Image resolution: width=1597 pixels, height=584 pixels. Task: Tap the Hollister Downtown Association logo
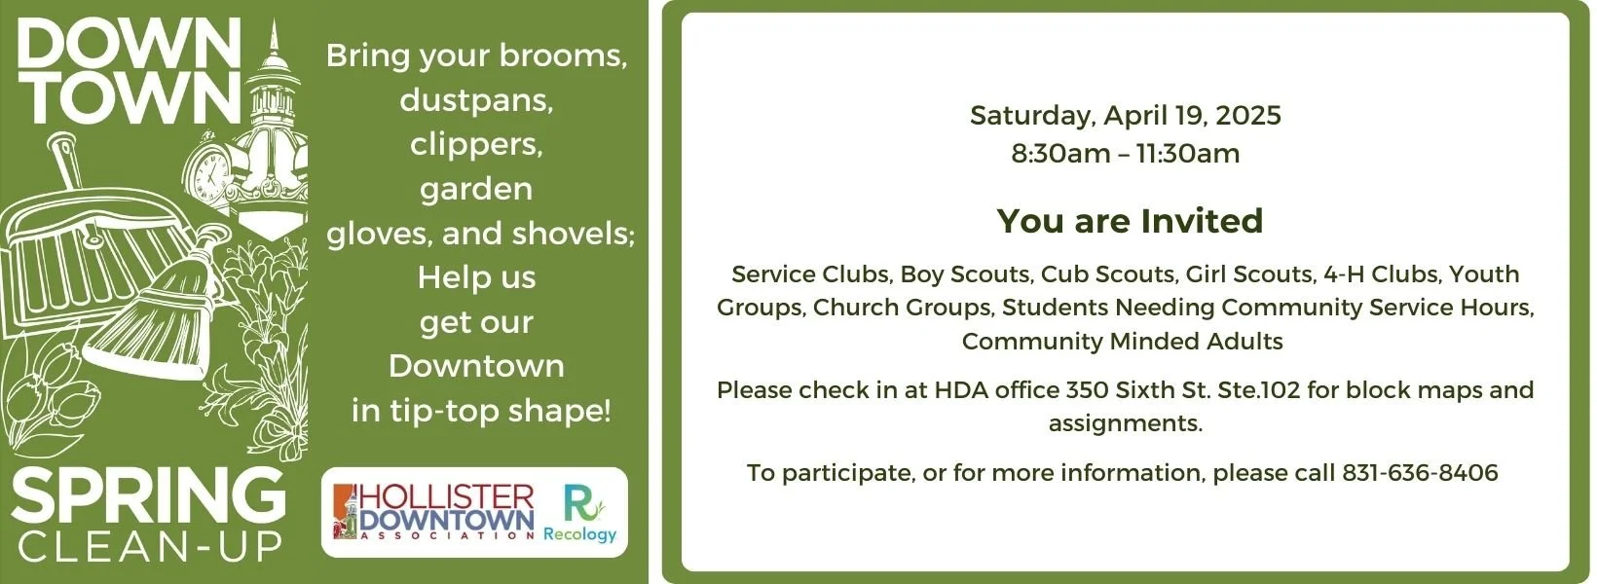[x=434, y=512]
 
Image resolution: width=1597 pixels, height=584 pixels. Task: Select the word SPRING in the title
[x=148, y=495]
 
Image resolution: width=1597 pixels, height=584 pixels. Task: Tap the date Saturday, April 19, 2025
[x=1125, y=116]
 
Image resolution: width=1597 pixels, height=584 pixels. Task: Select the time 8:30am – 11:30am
[x=1125, y=154]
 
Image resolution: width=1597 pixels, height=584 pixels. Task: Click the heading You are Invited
[x=1129, y=221]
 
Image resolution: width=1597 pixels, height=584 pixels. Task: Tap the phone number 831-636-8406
[x=1420, y=473]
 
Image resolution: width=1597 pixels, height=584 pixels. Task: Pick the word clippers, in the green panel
[x=476, y=144]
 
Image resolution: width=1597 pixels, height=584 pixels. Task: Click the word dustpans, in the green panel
[x=476, y=99]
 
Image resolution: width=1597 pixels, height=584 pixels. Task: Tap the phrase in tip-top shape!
[x=481, y=410]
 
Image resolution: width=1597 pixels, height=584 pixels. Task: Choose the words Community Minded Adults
[x=1122, y=342]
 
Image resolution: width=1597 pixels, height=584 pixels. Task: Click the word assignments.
[x=1125, y=423]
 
